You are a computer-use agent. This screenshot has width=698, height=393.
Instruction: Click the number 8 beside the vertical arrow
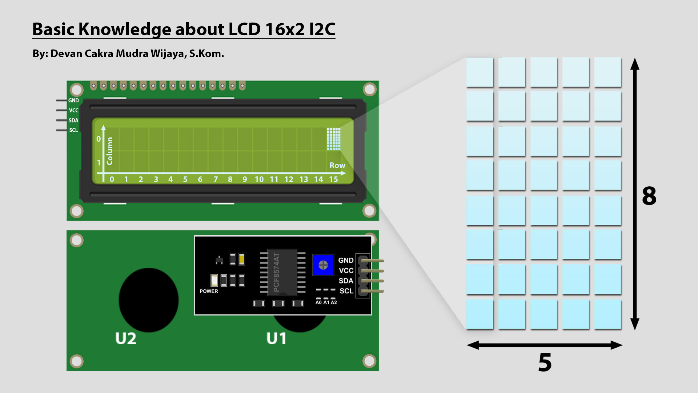click(x=649, y=196)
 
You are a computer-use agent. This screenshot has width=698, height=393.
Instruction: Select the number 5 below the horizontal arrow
click(x=545, y=362)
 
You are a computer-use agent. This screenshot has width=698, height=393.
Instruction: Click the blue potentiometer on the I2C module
click(x=323, y=265)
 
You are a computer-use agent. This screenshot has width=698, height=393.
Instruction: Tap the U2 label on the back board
click(x=126, y=338)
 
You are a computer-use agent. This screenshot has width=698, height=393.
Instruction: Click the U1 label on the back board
click(x=276, y=338)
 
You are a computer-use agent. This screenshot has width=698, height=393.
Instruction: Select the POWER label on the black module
click(x=209, y=291)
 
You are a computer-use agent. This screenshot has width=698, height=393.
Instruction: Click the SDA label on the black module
click(x=346, y=281)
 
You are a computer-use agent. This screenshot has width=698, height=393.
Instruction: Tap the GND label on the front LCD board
click(x=73, y=100)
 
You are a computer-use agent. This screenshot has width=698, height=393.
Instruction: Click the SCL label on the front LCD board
click(x=73, y=130)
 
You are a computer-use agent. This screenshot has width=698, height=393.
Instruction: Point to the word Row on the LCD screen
click(x=337, y=165)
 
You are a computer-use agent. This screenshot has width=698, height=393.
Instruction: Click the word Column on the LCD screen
click(x=109, y=151)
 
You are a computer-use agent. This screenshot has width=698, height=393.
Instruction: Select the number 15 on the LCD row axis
click(x=333, y=179)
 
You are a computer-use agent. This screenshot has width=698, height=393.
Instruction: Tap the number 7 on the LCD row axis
click(x=216, y=179)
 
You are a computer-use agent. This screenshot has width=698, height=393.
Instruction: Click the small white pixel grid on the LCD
click(x=334, y=139)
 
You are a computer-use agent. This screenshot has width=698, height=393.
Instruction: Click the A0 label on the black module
click(x=318, y=302)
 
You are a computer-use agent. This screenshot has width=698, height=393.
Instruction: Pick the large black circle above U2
click(x=148, y=300)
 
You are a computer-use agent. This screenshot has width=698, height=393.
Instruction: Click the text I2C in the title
click(x=322, y=29)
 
